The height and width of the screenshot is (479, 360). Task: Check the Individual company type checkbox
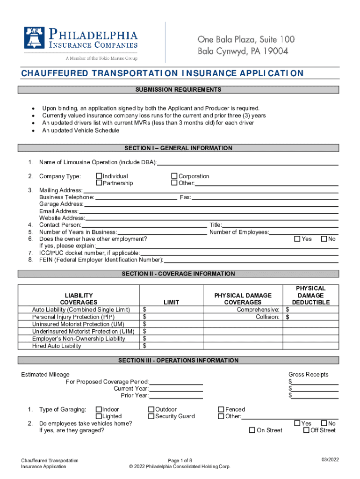coord(99,176)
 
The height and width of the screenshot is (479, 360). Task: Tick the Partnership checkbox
coord(99,183)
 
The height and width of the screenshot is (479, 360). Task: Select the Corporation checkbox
coord(174,176)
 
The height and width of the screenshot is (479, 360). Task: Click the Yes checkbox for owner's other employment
coord(297,239)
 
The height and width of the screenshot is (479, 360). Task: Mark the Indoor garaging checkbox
coord(99,409)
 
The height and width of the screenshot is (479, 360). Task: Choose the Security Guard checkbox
coord(151,416)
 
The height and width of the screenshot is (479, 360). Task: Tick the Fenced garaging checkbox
coord(221,409)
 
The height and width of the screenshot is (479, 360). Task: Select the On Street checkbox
coord(252,430)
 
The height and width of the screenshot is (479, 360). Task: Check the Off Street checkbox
coord(306,430)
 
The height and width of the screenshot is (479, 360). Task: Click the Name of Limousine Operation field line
coord(248,163)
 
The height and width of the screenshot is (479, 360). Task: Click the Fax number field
coord(265,198)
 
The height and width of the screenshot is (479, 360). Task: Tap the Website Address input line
coord(211,218)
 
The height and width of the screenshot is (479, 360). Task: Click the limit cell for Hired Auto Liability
coord(171,346)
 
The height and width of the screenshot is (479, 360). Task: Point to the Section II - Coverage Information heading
coord(179,274)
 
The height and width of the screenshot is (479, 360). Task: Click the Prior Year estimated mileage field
coord(176,396)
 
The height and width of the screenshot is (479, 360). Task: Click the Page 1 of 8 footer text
coord(180,461)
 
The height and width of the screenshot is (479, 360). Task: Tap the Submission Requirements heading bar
coord(179,90)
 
